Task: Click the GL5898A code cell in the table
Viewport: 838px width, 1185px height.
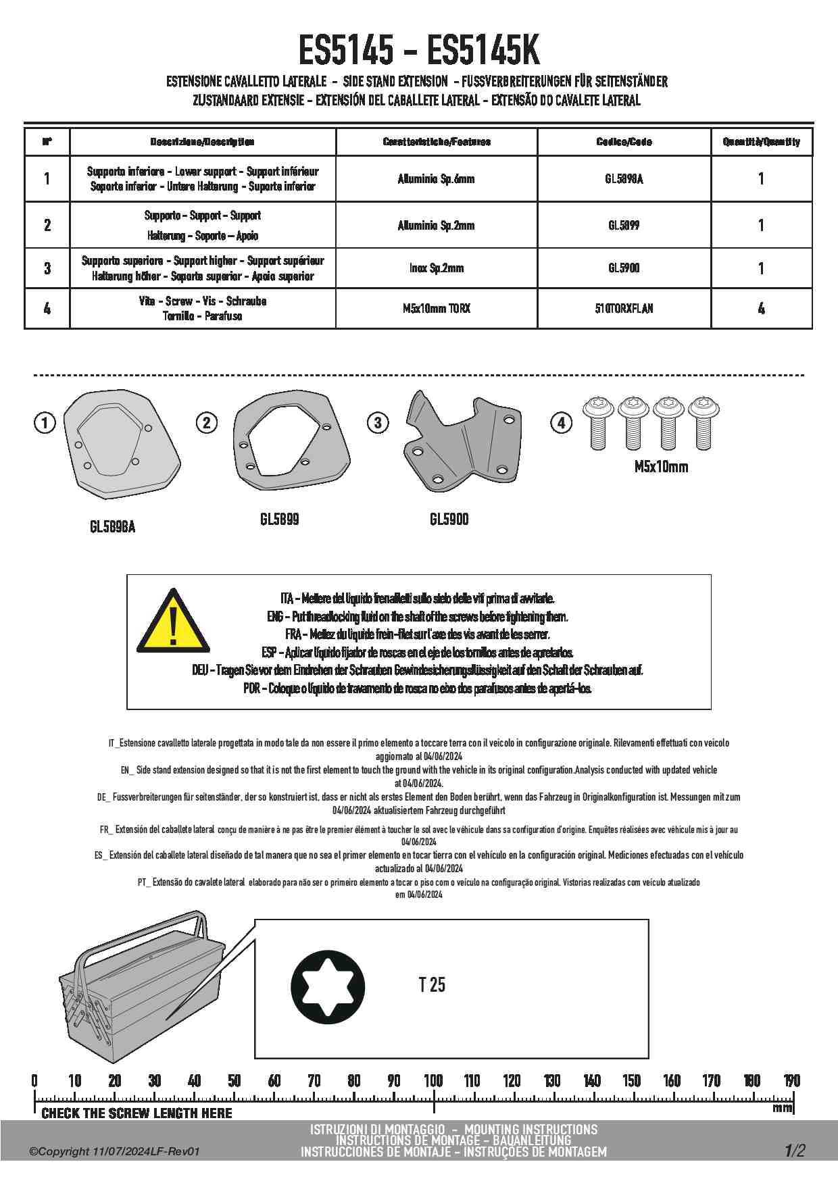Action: click(624, 179)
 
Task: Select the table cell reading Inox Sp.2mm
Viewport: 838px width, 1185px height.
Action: click(436, 268)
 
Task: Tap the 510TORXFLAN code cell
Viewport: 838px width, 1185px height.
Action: click(624, 309)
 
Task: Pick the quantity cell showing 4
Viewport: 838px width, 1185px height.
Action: click(761, 309)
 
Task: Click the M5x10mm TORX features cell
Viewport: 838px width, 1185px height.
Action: click(436, 309)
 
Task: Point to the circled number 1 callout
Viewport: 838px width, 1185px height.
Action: click(45, 424)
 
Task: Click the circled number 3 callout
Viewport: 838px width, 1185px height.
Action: click(378, 424)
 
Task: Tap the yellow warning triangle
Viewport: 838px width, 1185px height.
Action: click(173, 623)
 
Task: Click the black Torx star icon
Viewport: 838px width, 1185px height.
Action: click(328, 987)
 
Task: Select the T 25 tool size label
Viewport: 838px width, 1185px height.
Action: click(432, 985)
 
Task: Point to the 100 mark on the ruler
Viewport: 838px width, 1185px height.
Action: click(433, 1080)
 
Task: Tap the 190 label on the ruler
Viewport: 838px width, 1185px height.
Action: click(791, 1080)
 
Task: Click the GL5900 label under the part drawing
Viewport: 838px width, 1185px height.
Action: click(449, 520)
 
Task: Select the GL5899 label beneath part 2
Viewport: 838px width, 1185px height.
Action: click(279, 520)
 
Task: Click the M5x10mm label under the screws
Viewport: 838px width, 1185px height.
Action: click(661, 467)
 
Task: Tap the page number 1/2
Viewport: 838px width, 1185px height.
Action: click(795, 1151)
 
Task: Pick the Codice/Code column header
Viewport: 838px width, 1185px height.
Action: click(624, 142)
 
